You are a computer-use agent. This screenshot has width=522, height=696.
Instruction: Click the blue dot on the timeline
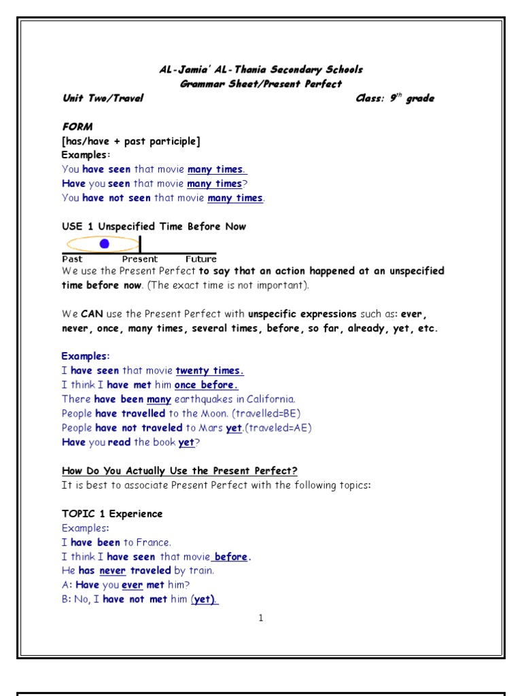point(104,243)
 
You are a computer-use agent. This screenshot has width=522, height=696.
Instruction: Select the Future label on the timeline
point(201,259)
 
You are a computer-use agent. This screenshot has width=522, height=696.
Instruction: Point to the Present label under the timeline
point(140,259)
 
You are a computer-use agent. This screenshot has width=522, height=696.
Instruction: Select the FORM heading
point(77,127)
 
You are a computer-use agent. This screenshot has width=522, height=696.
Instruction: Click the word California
point(268,399)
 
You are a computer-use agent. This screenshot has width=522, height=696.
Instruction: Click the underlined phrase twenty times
point(209,370)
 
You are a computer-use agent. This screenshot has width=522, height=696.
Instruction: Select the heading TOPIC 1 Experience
point(112,514)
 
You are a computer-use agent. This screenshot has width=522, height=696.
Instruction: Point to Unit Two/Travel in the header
point(103,99)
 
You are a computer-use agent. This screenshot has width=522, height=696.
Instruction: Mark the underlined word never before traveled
point(113,571)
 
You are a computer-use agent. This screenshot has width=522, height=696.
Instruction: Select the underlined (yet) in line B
point(204,599)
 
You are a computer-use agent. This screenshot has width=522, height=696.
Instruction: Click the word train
point(201,571)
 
